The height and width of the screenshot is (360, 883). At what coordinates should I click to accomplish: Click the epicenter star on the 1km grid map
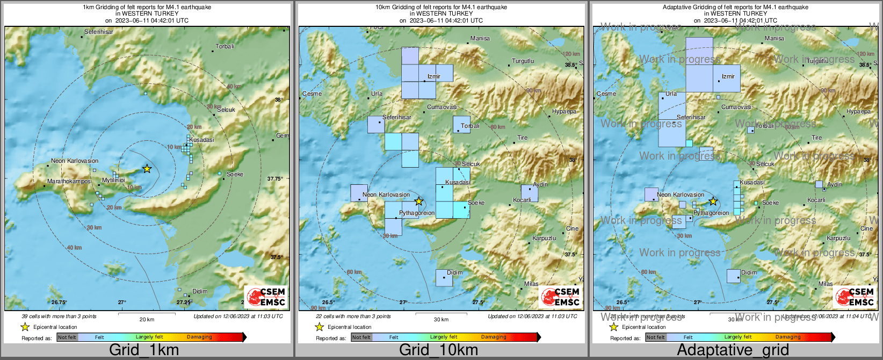pyautogui.click(x=147, y=169)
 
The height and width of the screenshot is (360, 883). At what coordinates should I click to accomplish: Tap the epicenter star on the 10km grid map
pyautogui.click(x=419, y=201)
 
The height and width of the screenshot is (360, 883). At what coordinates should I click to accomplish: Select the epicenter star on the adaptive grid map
pyautogui.click(x=713, y=201)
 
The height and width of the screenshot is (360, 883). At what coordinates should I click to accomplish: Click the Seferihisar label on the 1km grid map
pyautogui.click(x=99, y=32)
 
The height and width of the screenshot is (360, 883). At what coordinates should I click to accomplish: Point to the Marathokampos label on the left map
pyautogui.click(x=69, y=181)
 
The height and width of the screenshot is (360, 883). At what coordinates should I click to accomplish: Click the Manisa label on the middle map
pyautogui.click(x=480, y=38)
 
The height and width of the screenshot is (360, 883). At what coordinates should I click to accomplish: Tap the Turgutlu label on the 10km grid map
pyautogui.click(x=523, y=61)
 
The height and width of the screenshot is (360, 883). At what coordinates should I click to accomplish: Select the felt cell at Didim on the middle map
pyautogui.click(x=444, y=278)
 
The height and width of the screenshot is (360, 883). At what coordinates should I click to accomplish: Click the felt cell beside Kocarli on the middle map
pyautogui.click(x=529, y=193)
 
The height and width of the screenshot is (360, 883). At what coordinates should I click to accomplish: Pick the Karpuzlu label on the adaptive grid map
pyautogui.click(x=838, y=238)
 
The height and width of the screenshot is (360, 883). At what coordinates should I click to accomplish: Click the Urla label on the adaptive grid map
pyautogui.click(x=671, y=93)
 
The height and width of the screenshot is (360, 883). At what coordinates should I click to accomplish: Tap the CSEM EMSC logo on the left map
pyautogui.click(x=265, y=297)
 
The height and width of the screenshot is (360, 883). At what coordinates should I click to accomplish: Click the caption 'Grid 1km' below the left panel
pyautogui.click(x=144, y=350)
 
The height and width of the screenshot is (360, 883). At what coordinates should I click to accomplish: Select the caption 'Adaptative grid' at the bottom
pyautogui.click(x=733, y=350)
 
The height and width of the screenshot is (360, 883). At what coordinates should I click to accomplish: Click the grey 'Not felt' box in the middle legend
pyautogui.click(x=361, y=337)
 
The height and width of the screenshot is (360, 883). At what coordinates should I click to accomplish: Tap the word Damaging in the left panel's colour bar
pyautogui.click(x=199, y=337)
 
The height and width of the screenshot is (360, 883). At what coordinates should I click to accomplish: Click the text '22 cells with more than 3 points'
pyautogui.click(x=353, y=316)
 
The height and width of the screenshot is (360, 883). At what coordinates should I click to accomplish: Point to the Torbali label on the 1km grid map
pyautogui.click(x=225, y=46)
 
